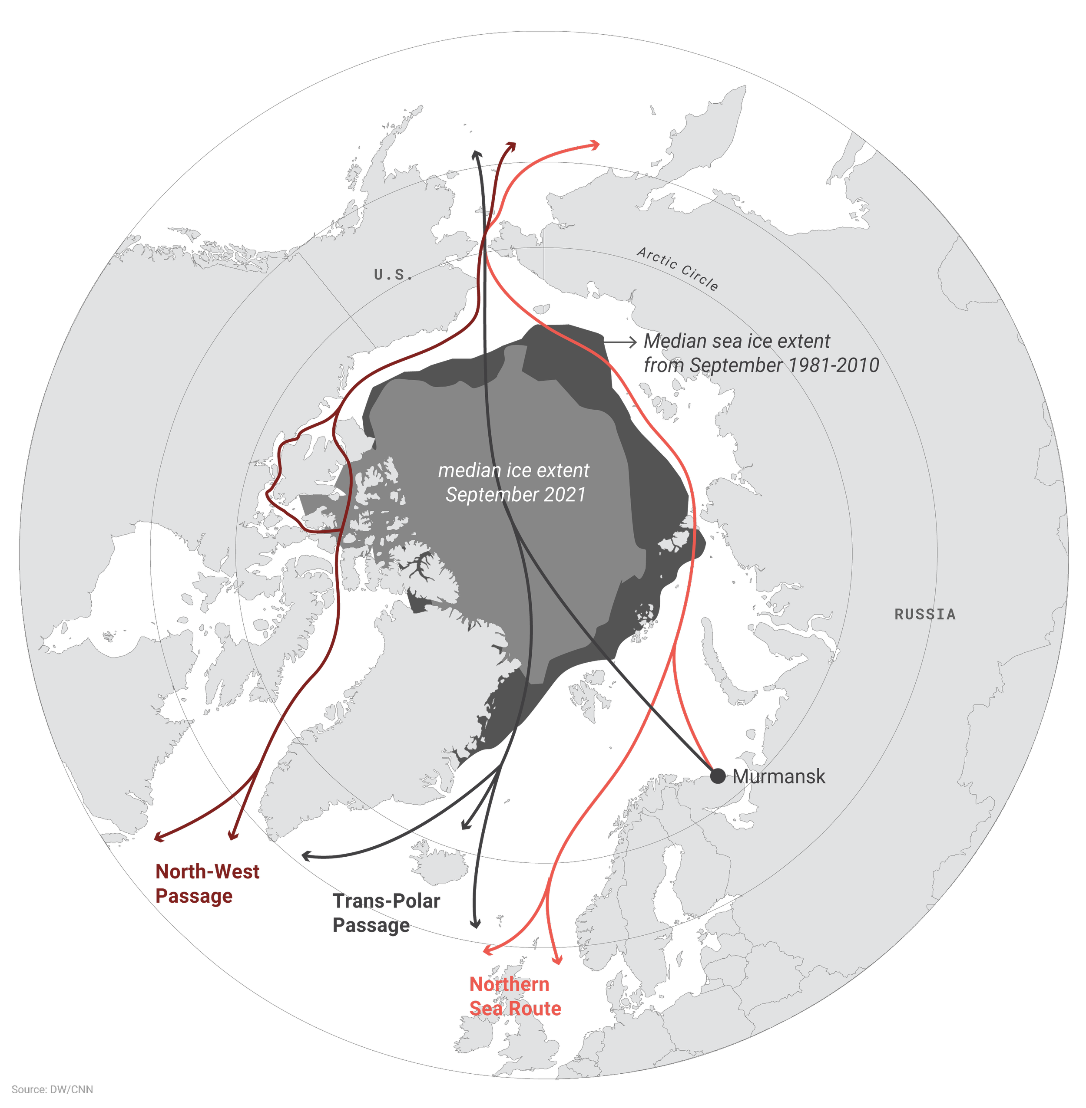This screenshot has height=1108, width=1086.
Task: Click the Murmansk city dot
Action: [x=718, y=776]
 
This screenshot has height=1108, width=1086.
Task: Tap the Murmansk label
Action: [x=779, y=776]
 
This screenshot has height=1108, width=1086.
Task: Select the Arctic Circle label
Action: [x=677, y=269]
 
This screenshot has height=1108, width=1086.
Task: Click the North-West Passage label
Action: [x=207, y=884]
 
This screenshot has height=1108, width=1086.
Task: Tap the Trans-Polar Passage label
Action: [x=387, y=913]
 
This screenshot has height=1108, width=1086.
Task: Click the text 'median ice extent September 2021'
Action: [x=514, y=482]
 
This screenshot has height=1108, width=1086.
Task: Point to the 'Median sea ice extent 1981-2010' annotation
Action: [x=761, y=353]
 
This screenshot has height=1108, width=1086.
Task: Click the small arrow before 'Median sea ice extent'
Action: [x=631, y=342]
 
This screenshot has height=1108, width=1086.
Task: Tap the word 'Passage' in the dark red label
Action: [x=194, y=896]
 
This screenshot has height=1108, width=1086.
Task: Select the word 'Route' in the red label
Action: [x=536, y=1008]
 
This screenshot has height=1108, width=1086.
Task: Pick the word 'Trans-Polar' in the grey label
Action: [x=387, y=901]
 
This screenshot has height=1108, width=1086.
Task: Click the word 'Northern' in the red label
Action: [x=510, y=984]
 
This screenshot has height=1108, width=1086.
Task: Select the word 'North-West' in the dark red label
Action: [x=208, y=871]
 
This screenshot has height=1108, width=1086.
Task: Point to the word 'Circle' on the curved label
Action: [x=700, y=279]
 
